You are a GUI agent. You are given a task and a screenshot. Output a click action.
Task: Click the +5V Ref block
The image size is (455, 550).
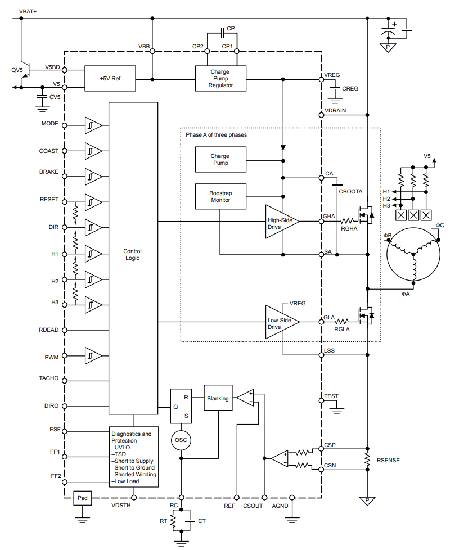click(110, 79)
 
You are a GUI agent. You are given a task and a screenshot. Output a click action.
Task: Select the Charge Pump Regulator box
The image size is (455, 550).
click(220, 79)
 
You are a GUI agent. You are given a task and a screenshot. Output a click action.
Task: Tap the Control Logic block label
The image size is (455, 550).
click(132, 254)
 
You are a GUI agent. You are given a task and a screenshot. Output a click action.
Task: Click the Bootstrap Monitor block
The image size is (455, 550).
click(220, 196)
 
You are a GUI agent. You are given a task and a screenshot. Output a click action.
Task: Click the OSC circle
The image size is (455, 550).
click(181, 440)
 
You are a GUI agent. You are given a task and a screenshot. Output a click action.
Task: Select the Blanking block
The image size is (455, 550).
click(218, 398)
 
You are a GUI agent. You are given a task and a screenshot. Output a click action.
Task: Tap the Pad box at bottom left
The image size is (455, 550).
click(83, 498)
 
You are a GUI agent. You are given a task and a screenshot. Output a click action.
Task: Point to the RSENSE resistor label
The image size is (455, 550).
click(388, 460)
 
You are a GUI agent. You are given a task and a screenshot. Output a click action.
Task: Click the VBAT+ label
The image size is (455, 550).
click(28, 12)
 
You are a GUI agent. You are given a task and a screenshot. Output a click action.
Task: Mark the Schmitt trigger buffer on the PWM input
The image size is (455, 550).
click(93, 355)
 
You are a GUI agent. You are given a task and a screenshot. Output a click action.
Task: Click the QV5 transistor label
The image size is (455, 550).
click(17, 70)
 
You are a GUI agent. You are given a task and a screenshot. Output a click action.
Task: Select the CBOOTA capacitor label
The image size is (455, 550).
click(350, 192)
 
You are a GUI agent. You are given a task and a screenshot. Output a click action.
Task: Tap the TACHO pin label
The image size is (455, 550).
click(49, 378)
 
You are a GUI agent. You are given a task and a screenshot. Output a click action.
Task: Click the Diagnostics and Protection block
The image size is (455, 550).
click(134, 457)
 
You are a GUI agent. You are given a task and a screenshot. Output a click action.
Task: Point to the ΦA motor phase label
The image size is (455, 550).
click(405, 294)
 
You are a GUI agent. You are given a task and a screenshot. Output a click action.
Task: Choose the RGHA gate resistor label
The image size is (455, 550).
click(349, 229)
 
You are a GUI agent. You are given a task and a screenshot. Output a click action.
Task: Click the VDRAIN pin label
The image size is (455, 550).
click(335, 110)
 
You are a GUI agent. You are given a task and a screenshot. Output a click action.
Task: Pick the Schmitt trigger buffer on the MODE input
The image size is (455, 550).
click(93, 125)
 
